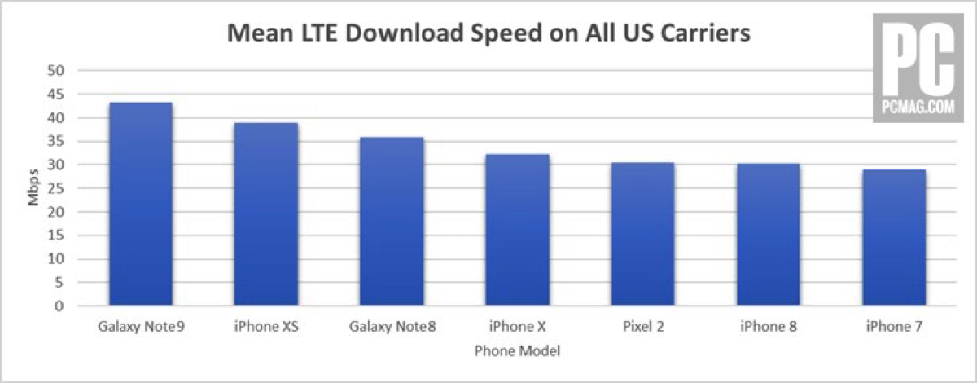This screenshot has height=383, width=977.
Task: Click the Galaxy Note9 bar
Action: [141, 205]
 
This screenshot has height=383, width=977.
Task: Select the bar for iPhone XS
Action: [266, 214]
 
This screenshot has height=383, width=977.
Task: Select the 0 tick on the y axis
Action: [59, 306]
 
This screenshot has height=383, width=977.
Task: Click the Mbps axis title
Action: [34, 188]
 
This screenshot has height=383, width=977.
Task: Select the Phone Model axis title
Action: [517, 350]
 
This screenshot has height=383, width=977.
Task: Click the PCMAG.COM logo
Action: [913, 79]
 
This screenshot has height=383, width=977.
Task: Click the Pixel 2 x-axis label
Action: [642, 327]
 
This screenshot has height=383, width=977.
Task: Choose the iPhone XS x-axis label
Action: [266, 327]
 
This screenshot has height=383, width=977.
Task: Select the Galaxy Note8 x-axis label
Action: [392, 327]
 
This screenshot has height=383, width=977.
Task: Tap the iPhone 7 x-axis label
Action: [893, 327]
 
